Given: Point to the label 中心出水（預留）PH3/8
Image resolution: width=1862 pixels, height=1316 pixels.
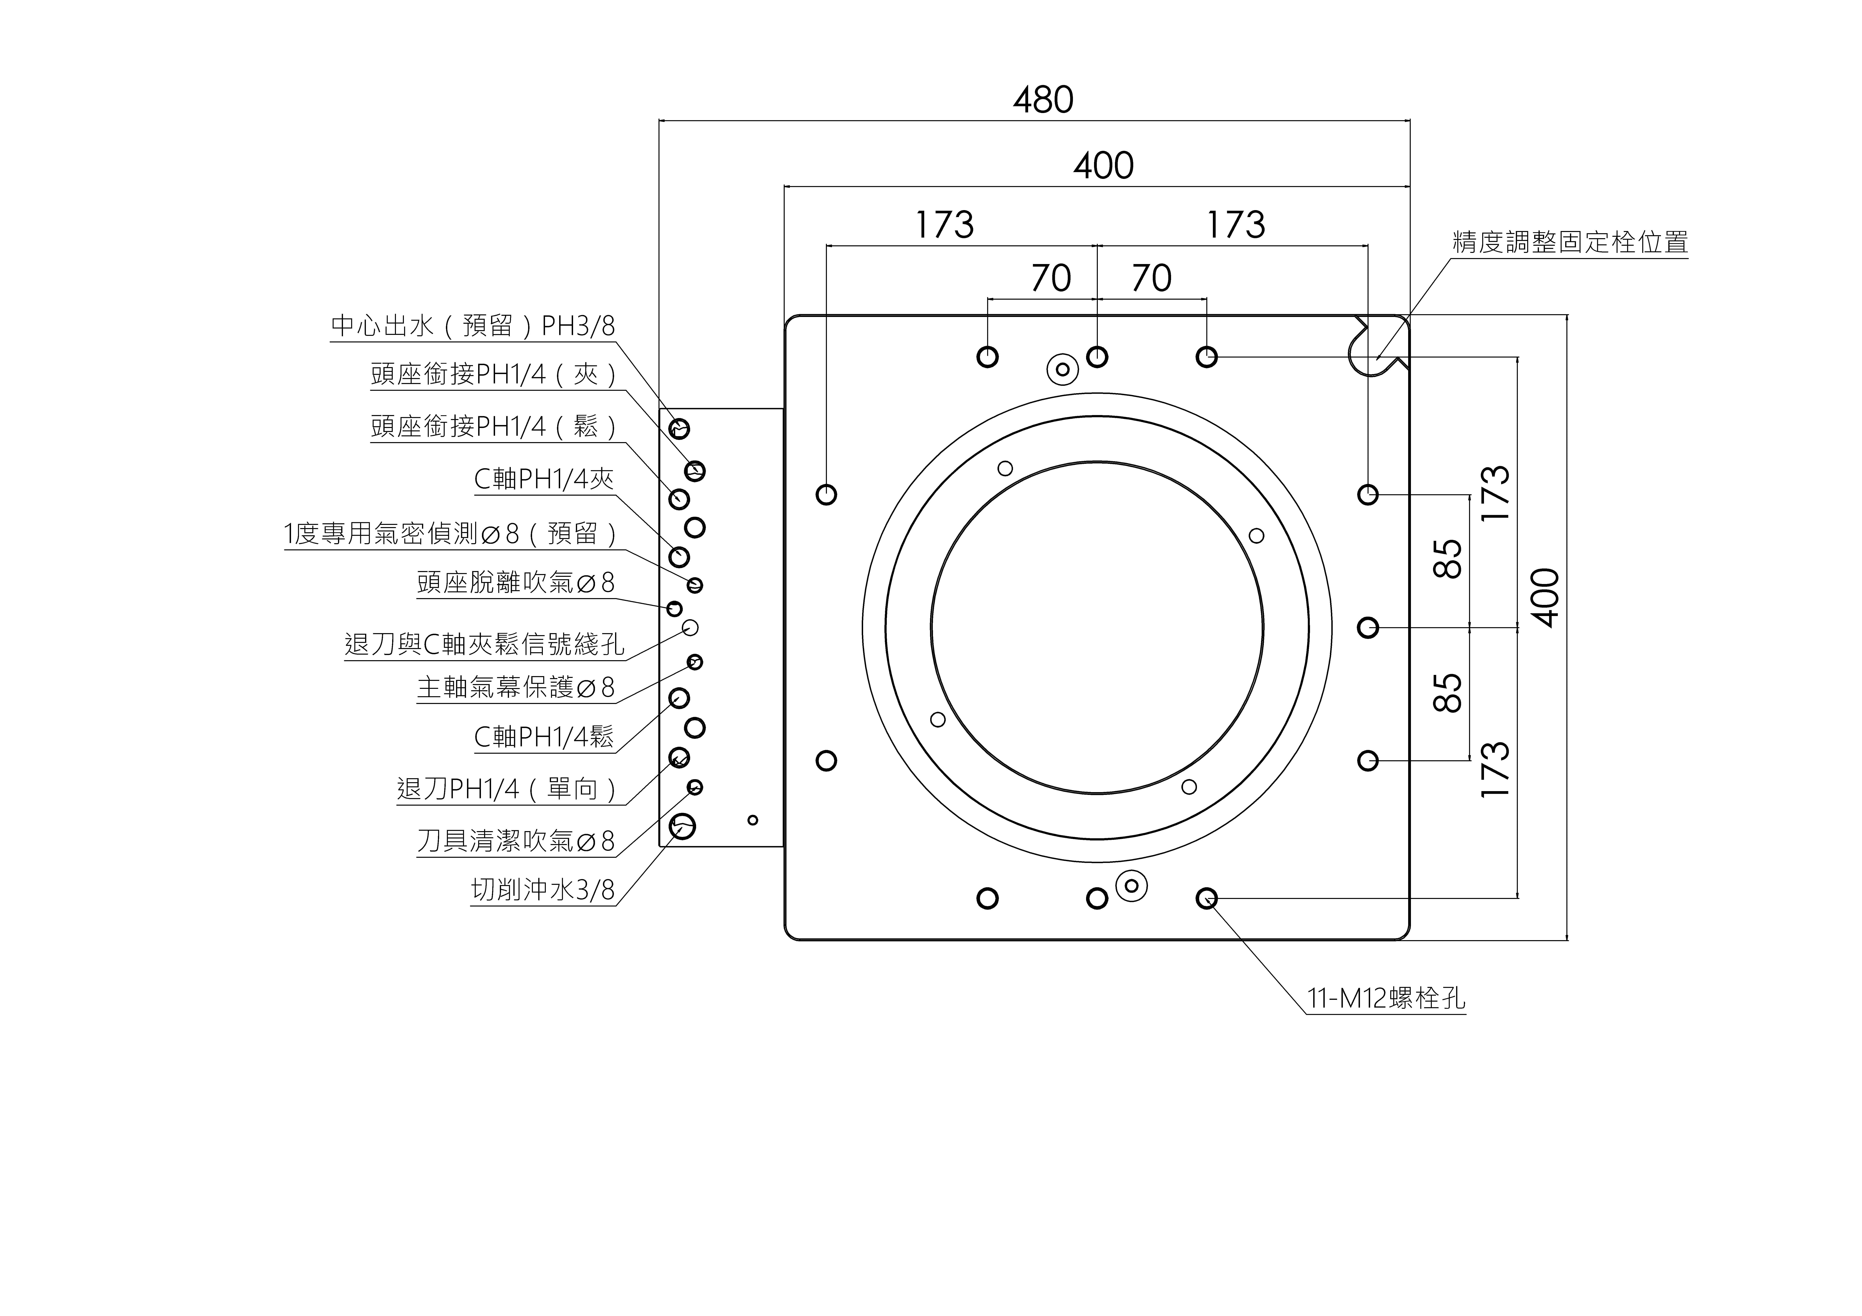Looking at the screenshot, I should [x=473, y=326].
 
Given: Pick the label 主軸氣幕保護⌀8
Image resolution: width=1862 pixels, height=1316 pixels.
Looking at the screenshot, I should [x=516, y=688].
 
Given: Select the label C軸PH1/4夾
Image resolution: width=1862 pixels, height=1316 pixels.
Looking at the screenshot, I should [x=543, y=479].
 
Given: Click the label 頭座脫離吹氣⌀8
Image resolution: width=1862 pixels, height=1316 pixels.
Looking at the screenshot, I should [x=516, y=582].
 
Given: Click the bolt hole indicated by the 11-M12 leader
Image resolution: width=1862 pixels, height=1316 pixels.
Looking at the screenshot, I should [x=1207, y=898].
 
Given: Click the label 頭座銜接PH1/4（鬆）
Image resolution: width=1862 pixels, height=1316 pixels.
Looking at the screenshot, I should [x=495, y=426].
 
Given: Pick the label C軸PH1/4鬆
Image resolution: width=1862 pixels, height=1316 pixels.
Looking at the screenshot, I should [x=543, y=736].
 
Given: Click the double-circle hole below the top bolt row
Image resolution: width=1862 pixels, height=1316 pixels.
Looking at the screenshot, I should [x=1062, y=370].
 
